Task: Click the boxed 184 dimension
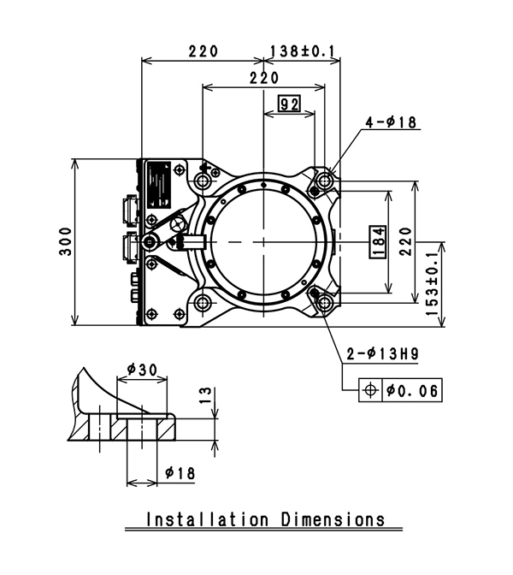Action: pos(377,242)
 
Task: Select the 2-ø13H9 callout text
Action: pos(381,353)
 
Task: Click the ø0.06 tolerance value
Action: pos(412,390)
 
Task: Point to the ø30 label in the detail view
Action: pos(141,369)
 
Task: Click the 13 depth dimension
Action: pos(203,394)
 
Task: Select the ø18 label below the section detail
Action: pos(180,471)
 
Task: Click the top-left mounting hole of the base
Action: pos(203,181)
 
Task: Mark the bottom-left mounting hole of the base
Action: pos(203,303)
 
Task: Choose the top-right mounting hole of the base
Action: pos(326,181)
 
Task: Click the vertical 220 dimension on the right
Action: pos(405,242)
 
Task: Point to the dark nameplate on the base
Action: pos(159,185)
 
